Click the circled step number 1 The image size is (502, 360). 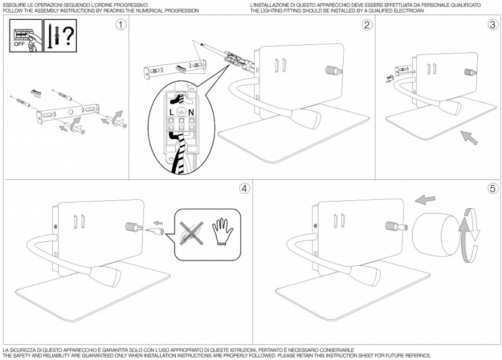pos(122,25)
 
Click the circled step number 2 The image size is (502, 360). pos(367,25)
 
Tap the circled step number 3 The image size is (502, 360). pos(492,25)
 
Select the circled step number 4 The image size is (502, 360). pos(244,188)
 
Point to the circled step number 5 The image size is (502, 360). pos(492,188)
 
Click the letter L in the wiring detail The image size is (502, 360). pos(172,112)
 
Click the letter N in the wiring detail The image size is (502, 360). pos(191,112)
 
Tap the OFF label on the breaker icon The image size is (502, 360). pos(20,43)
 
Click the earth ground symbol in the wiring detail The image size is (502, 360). pos(181,103)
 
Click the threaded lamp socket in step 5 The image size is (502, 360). pos(395,229)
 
